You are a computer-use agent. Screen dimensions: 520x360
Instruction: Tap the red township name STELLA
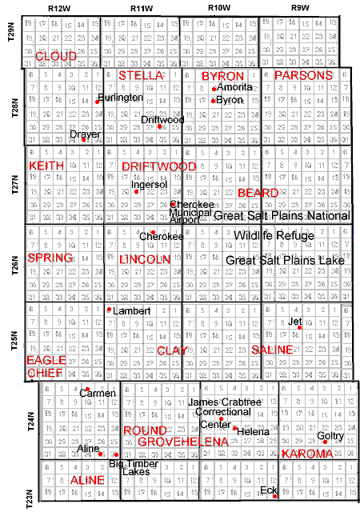(x=141, y=75)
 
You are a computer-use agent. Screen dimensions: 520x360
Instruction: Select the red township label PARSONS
(x=302, y=75)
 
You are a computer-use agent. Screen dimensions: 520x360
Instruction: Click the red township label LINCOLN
(x=144, y=260)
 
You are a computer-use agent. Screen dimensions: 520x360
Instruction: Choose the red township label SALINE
(x=272, y=350)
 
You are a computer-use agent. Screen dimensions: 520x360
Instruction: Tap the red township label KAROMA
(x=306, y=454)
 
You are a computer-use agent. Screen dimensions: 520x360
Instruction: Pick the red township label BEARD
(x=258, y=193)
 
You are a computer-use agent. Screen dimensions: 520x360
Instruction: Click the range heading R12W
(x=58, y=7)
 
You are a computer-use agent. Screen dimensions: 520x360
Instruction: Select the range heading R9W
(x=300, y=7)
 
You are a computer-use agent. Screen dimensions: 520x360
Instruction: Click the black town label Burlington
(x=121, y=98)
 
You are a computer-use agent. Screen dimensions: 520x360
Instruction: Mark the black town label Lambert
(x=132, y=310)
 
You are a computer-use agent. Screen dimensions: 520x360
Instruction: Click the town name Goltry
(x=330, y=436)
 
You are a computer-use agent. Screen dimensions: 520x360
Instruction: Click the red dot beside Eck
(x=275, y=496)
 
